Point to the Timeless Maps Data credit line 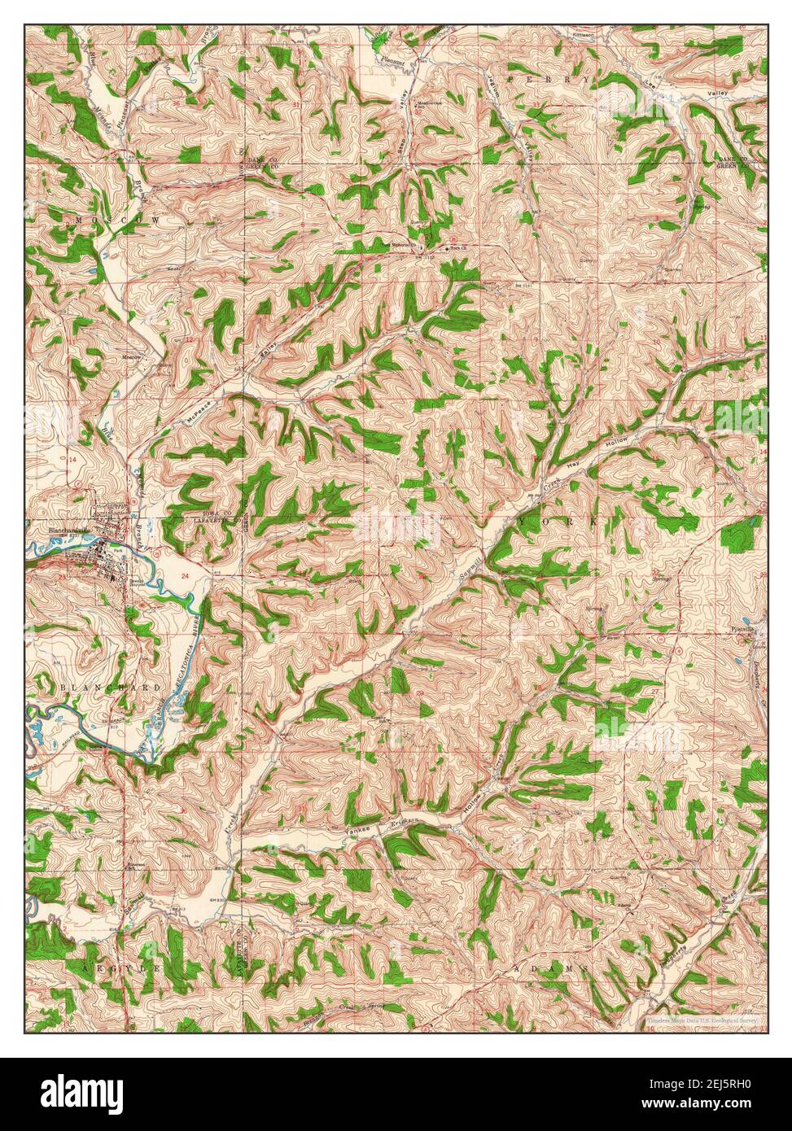pyautogui.click(x=702, y=1019)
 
